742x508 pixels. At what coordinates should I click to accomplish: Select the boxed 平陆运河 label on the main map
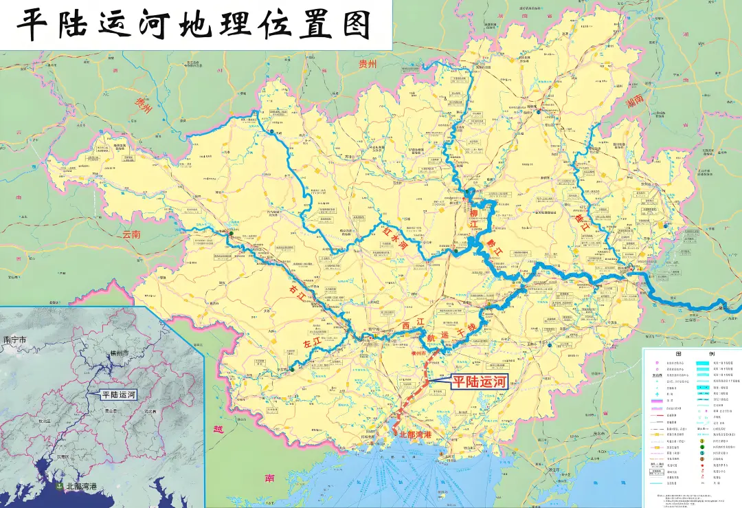click(x=478, y=382)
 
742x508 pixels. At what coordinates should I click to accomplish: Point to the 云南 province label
click(x=131, y=234)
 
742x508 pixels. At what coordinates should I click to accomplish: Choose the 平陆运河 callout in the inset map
click(x=119, y=395)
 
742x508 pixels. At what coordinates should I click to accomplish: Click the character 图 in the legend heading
click(x=679, y=353)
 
